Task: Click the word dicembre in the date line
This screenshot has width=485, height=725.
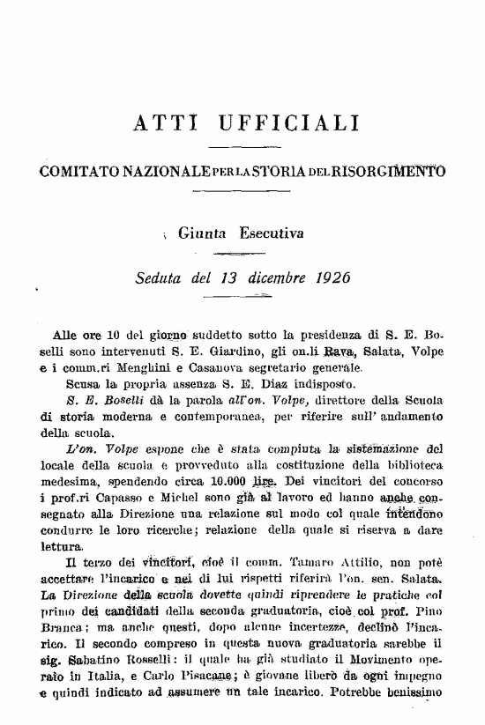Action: click(x=263, y=278)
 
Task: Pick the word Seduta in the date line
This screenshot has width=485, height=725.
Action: click(x=160, y=278)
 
